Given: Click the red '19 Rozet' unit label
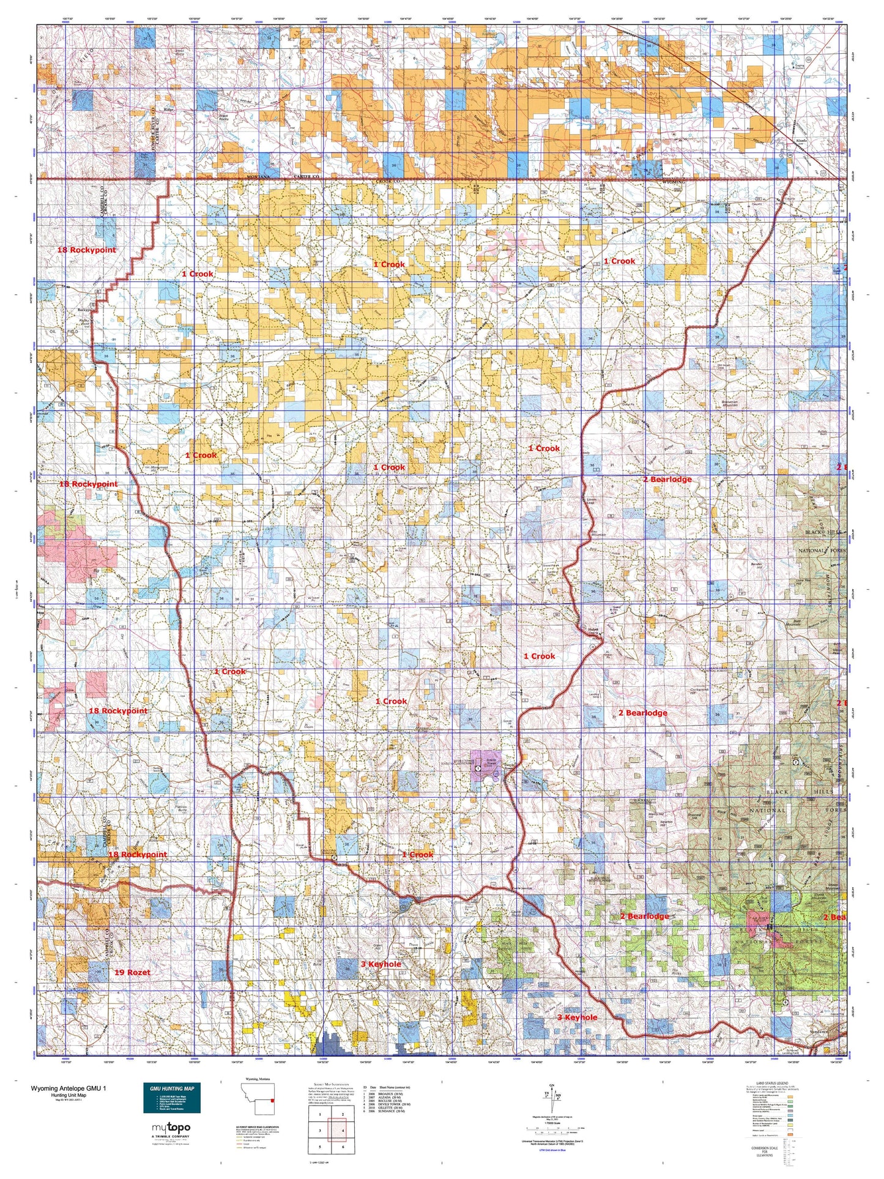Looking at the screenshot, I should pos(132,972).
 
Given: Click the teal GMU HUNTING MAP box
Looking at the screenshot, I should pos(172,1098).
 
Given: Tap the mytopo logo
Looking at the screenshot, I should pos(171,1127).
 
